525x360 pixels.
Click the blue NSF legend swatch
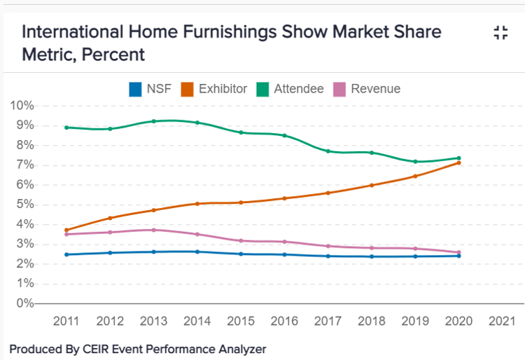[135, 89]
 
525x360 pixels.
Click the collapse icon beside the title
[500, 32]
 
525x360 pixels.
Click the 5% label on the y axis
[23, 205]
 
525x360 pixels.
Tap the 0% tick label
[23, 303]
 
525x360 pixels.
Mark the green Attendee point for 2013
[153, 121]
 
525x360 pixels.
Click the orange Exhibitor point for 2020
[459, 162]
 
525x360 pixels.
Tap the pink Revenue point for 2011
[66, 234]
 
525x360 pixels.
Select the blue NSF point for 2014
[197, 251]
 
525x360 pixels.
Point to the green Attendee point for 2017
[328, 151]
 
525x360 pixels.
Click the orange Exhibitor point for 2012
[110, 218]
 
